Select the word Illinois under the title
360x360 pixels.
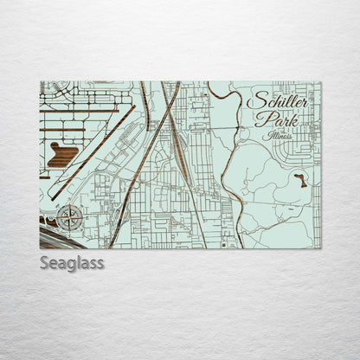click(274, 136)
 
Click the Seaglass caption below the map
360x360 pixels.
click(71, 263)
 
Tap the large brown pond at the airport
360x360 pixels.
click(64, 156)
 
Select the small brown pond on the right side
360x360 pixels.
click(299, 180)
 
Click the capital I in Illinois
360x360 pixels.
click(260, 135)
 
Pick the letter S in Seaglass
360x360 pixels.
click(44, 263)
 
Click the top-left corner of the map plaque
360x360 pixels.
click(41, 82)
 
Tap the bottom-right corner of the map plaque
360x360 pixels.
click(320, 248)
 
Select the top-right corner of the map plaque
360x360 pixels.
click(320, 82)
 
